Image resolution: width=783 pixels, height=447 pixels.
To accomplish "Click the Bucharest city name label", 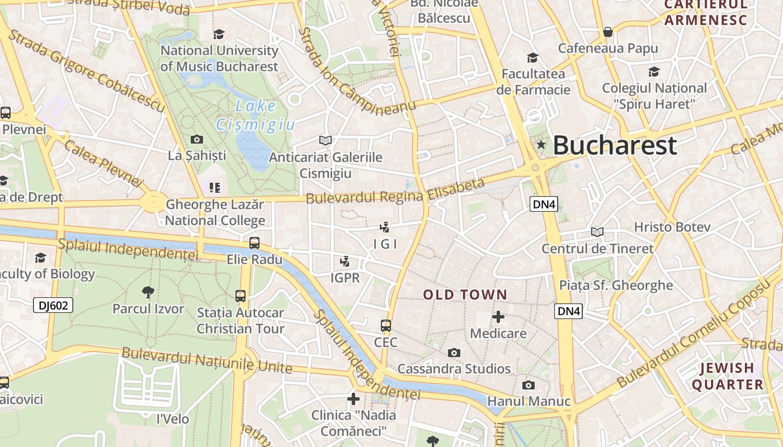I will click(x=615, y=145).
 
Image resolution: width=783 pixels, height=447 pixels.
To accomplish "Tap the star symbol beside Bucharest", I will click(x=541, y=145).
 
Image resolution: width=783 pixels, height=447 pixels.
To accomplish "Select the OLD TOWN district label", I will click(x=465, y=294).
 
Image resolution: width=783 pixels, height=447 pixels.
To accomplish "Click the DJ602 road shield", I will click(x=53, y=305).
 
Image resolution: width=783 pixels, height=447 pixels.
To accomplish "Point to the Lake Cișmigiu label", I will click(x=256, y=115).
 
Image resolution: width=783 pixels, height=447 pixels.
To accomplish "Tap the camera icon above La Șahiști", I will click(x=197, y=139).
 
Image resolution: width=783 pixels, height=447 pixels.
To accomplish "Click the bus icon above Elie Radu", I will click(x=254, y=243).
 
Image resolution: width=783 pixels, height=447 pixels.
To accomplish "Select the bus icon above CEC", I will click(x=386, y=326).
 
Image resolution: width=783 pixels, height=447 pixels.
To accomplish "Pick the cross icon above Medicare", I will click(x=498, y=317).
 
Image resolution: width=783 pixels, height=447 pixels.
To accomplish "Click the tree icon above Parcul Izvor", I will click(x=148, y=292).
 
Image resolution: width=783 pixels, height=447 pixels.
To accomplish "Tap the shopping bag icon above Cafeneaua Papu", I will click(x=608, y=32).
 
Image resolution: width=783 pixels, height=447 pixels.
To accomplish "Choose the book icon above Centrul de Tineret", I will click(x=597, y=232).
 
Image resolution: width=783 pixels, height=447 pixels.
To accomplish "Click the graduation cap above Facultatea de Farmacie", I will click(x=532, y=58).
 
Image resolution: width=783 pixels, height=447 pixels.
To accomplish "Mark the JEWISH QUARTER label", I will click(x=728, y=376).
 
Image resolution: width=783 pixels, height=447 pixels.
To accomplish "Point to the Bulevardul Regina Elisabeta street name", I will click(x=395, y=191).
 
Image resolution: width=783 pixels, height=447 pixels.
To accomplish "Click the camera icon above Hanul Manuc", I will click(x=528, y=385).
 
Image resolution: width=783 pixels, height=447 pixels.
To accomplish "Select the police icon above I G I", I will click(x=384, y=227).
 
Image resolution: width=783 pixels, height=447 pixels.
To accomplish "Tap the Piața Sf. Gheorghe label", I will click(x=616, y=286).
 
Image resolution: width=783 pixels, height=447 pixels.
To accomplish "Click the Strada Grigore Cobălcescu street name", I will click(x=87, y=71).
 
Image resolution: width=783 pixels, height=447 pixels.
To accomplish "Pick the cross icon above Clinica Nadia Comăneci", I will click(x=353, y=399).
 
